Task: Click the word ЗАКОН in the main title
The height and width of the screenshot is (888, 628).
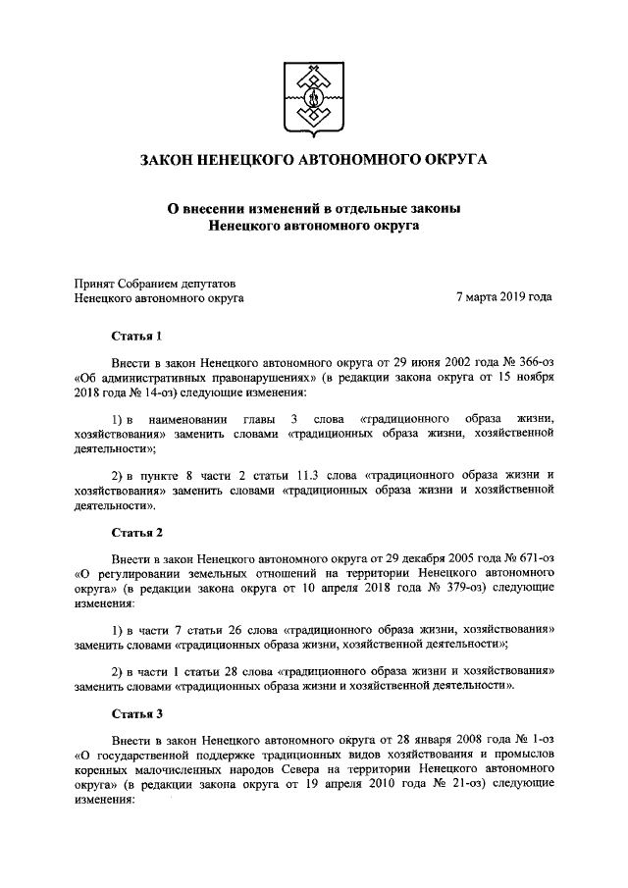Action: (171, 160)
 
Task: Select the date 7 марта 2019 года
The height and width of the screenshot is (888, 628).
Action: (504, 296)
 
